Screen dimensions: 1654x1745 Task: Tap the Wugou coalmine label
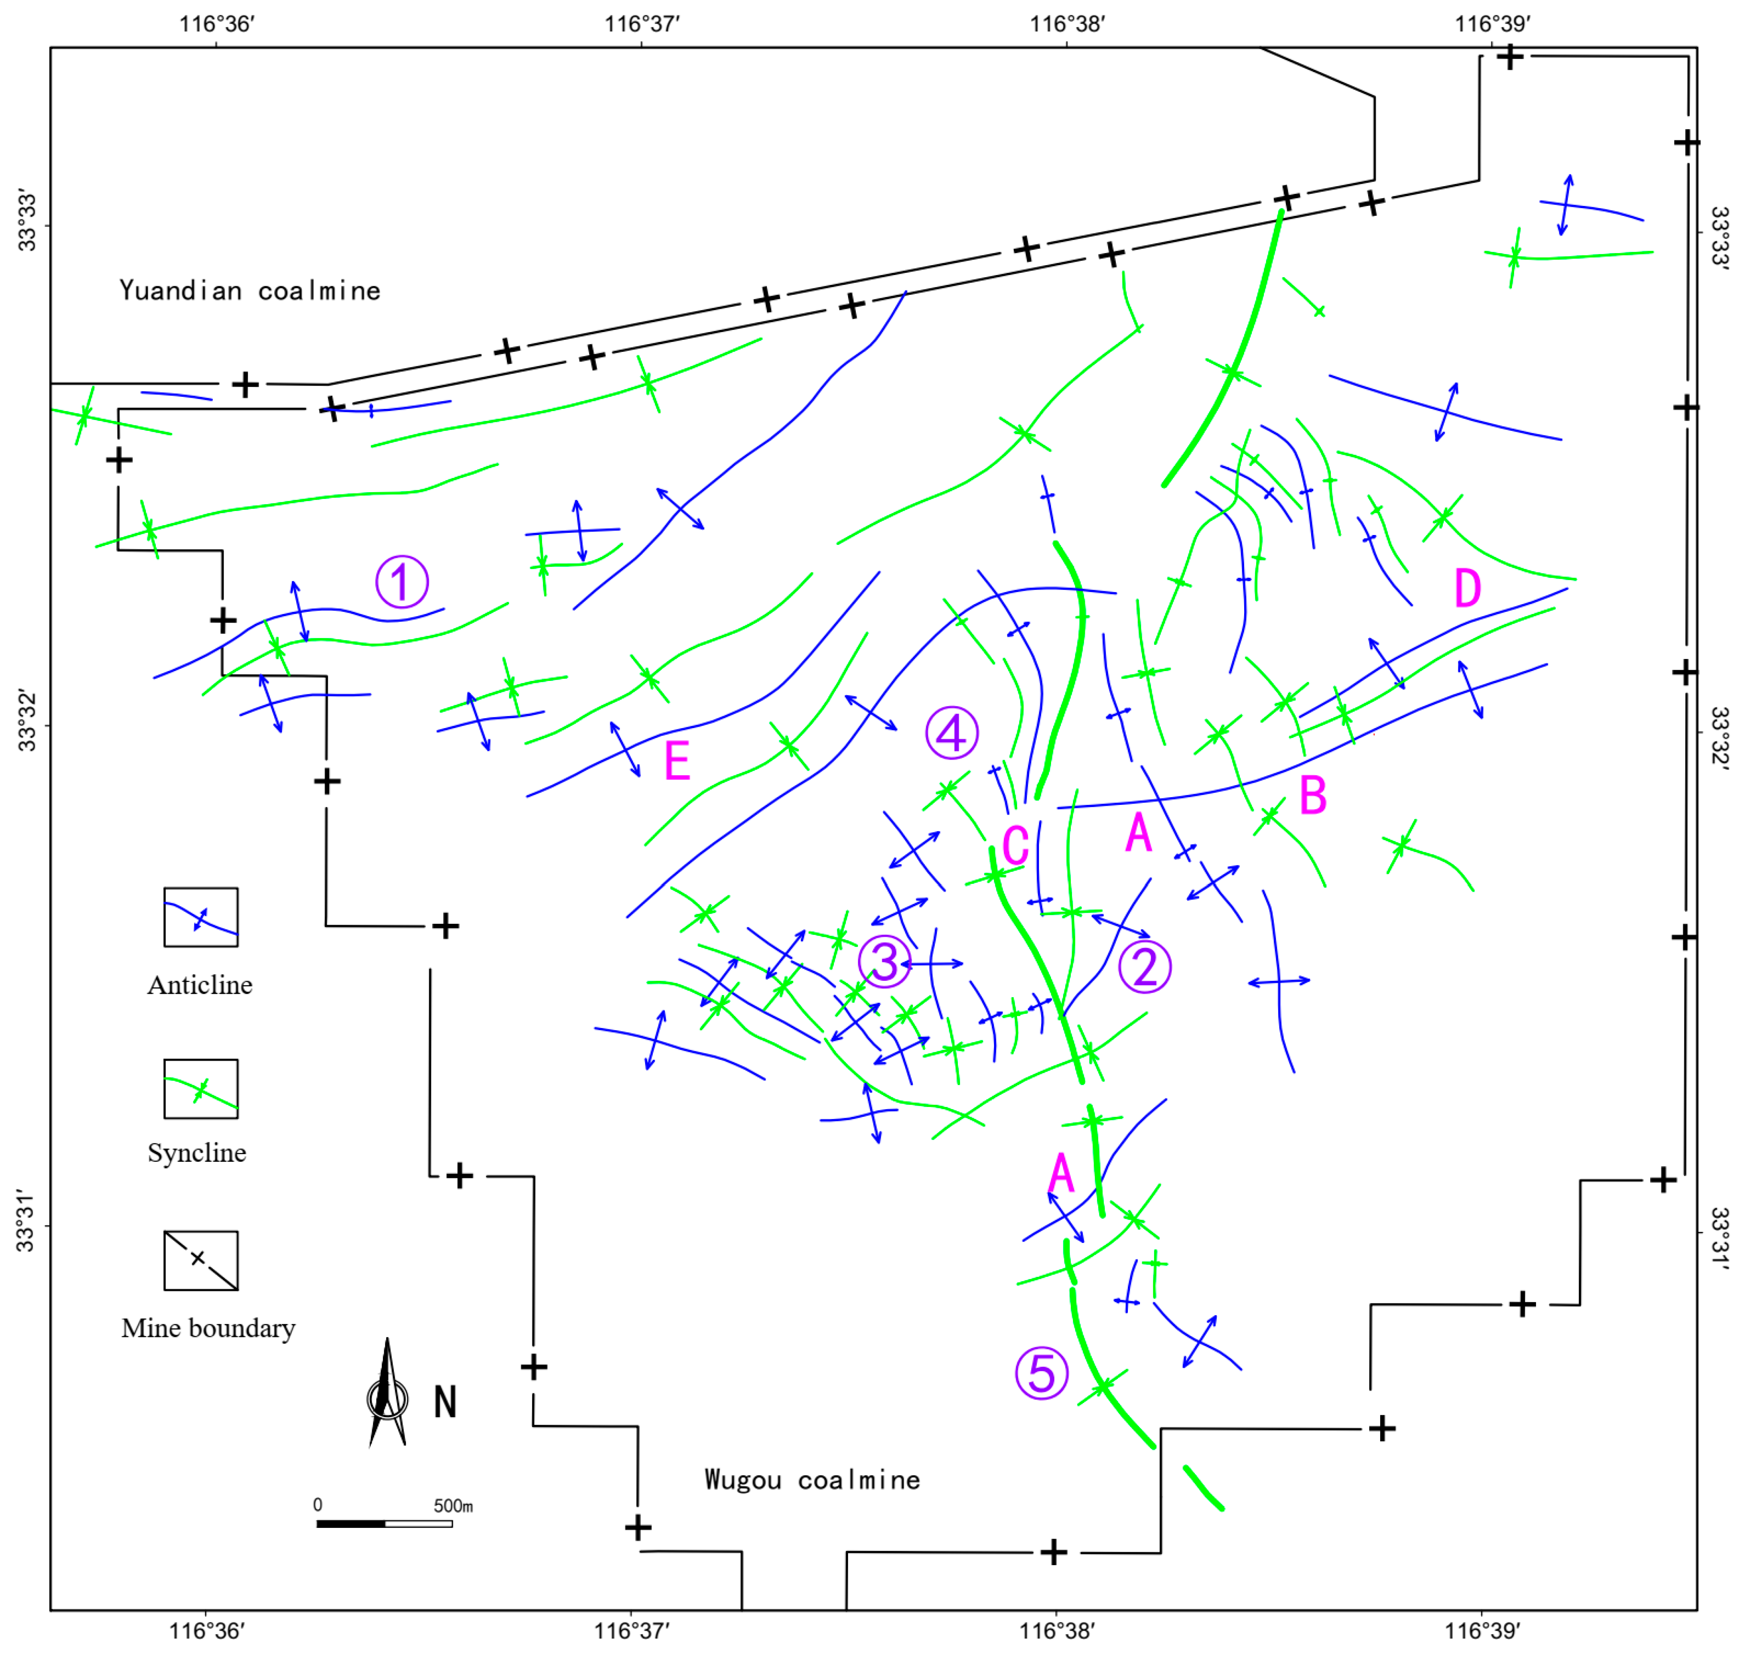pos(812,1479)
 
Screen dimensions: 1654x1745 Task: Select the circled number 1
pos(402,582)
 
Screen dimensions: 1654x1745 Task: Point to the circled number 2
pos(1145,967)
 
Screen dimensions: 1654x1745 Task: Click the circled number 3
pos(885,961)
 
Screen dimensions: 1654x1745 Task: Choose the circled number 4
pos(951,733)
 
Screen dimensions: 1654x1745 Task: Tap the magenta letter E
pos(677,761)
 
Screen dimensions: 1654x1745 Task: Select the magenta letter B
pos(1313,796)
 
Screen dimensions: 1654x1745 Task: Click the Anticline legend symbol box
pos(201,917)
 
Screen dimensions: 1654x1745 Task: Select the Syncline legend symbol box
pos(201,1089)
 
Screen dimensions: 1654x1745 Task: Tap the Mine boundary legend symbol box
pos(201,1261)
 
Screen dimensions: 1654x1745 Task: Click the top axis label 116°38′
pos(1067,24)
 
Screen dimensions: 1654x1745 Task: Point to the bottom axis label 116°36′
pos(206,1631)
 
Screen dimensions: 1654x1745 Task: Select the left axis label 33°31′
pos(27,1225)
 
